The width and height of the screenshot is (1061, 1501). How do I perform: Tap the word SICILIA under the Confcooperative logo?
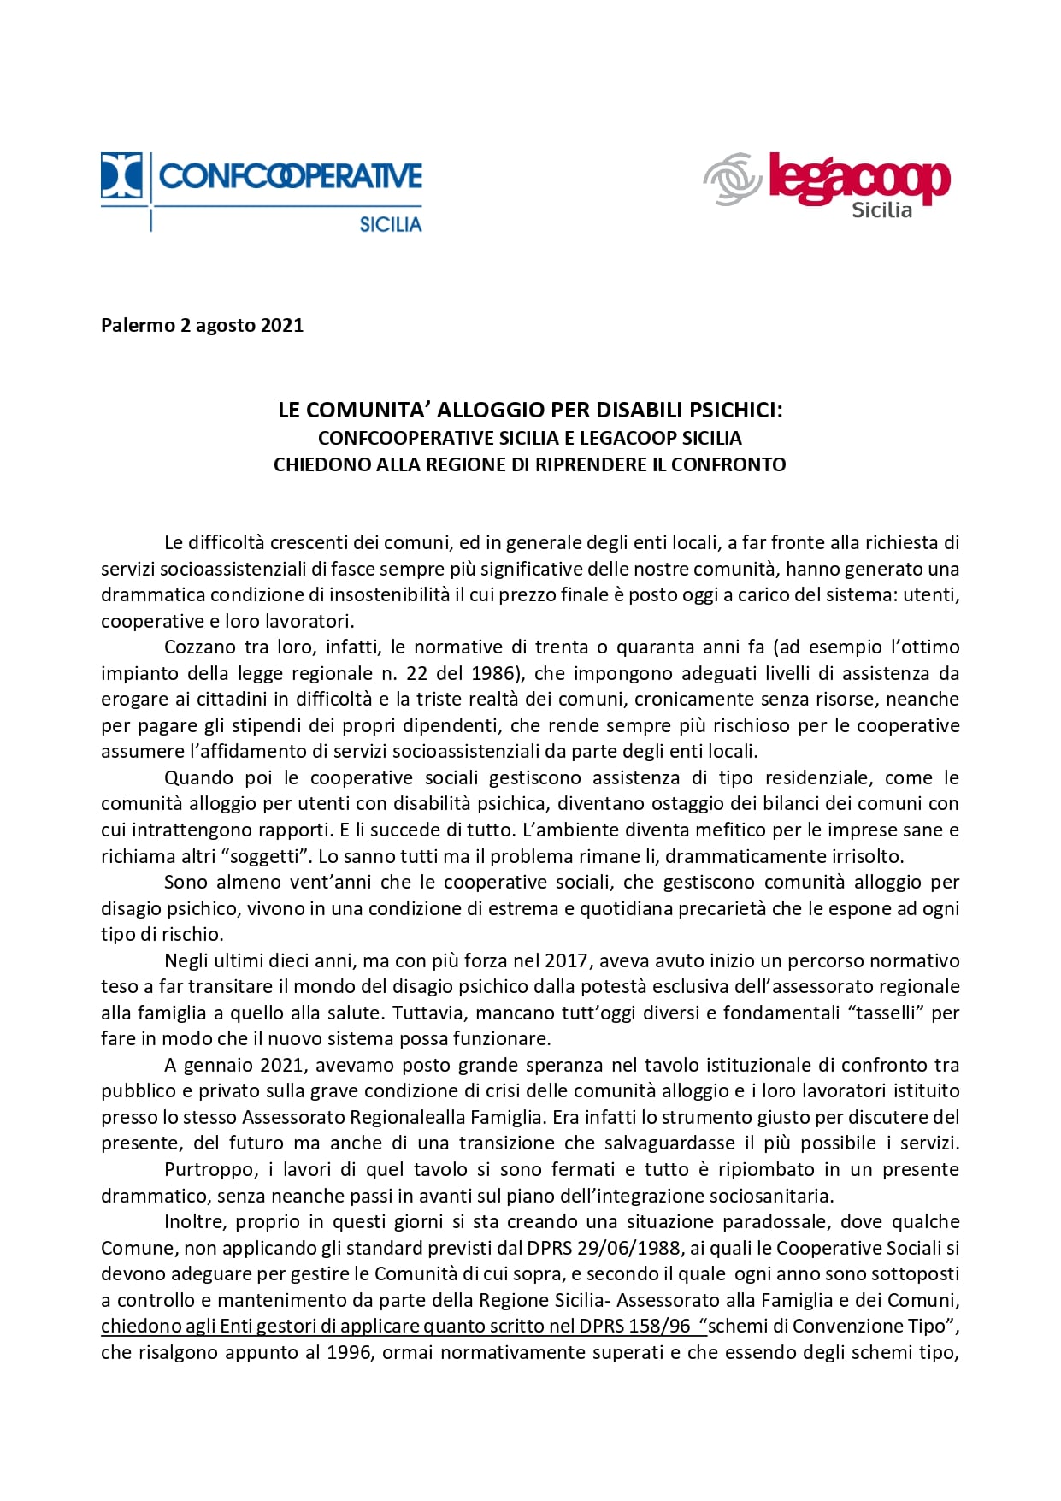(x=390, y=224)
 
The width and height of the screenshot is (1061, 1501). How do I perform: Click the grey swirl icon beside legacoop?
(x=732, y=179)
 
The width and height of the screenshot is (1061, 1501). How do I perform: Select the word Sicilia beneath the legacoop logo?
(x=881, y=210)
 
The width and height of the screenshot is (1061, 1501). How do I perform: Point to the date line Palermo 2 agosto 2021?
(x=202, y=325)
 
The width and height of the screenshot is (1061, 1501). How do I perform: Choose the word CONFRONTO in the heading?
(x=728, y=464)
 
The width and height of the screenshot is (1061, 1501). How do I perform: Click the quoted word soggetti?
(x=267, y=856)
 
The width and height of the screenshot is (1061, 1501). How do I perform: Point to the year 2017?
(x=566, y=960)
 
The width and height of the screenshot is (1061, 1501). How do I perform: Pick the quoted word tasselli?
(x=881, y=1013)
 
